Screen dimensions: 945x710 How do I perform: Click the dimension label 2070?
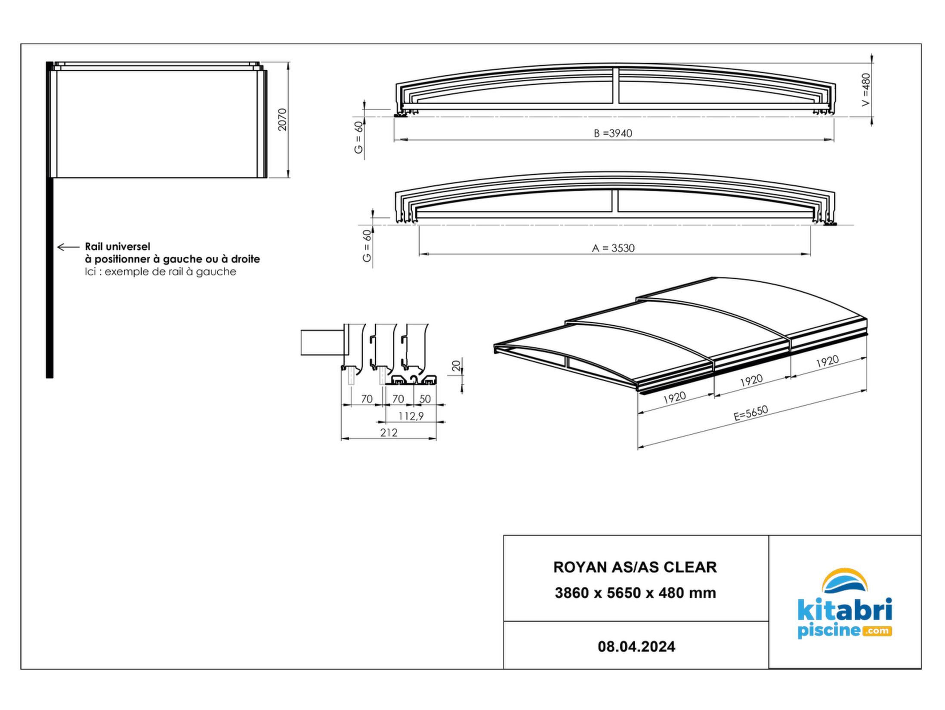pyautogui.click(x=282, y=120)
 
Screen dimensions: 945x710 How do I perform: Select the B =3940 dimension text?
pyautogui.click(x=613, y=133)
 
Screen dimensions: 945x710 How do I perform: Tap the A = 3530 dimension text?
pyautogui.click(x=613, y=248)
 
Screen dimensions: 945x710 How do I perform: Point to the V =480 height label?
pyautogui.click(x=866, y=90)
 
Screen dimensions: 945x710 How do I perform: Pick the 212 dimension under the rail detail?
pyautogui.click(x=389, y=432)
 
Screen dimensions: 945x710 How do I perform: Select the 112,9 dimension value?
pyautogui.click(x=411, y=416)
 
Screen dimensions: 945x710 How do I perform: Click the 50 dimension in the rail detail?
pyautogui.click(x=425, y=399)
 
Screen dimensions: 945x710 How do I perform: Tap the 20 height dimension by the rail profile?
pyautogui.click(x=457, y=366)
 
